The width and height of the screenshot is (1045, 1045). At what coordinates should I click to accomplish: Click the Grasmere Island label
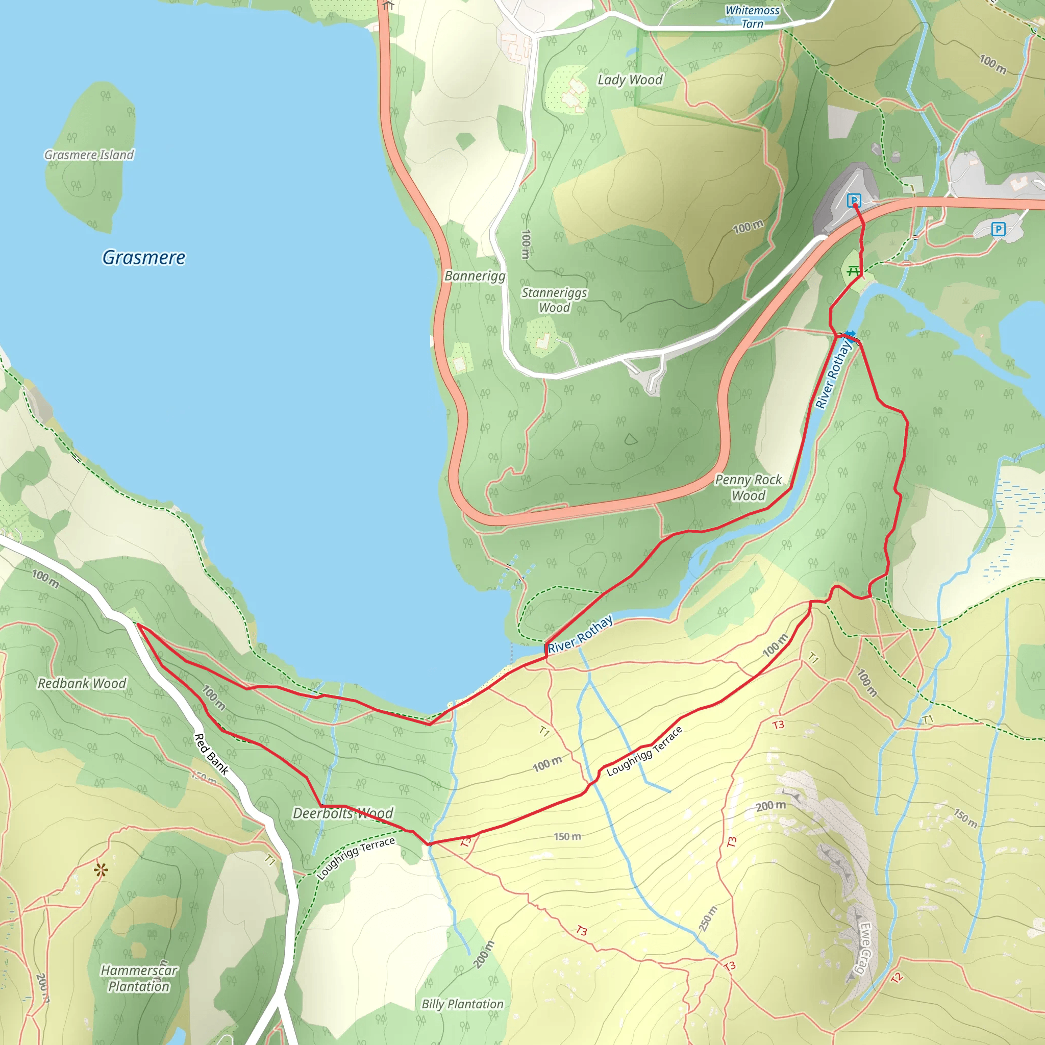[x=89, y=155]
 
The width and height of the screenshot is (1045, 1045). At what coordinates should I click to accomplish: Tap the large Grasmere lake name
[x=144, y=258]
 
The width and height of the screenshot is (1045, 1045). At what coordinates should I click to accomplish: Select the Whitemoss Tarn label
[x=753, y=17]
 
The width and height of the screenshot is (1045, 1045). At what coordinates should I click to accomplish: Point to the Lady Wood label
[x=630, y=80]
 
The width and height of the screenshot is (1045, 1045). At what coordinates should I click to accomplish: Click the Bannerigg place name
[x=475, y=276]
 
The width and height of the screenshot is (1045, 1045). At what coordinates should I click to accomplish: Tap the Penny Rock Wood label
[x=748, y=487]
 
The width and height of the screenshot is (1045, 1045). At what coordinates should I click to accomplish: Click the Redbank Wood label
[x=82, y=683]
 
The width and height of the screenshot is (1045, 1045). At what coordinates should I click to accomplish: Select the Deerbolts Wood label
[x=343, y=813]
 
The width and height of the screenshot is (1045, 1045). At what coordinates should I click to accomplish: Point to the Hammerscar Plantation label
[x=139, y=978]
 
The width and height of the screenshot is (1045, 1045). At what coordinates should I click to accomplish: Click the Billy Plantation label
[x=462, y=1004]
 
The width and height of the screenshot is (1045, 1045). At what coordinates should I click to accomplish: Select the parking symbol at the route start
[x=854, y=201]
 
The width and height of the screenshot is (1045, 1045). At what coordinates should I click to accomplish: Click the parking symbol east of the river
[x=998, y=229]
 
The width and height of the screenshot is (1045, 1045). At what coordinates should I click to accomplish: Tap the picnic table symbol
[x=853, y=270]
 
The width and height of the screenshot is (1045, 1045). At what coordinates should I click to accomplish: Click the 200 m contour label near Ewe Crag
[x=771, y=806]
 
